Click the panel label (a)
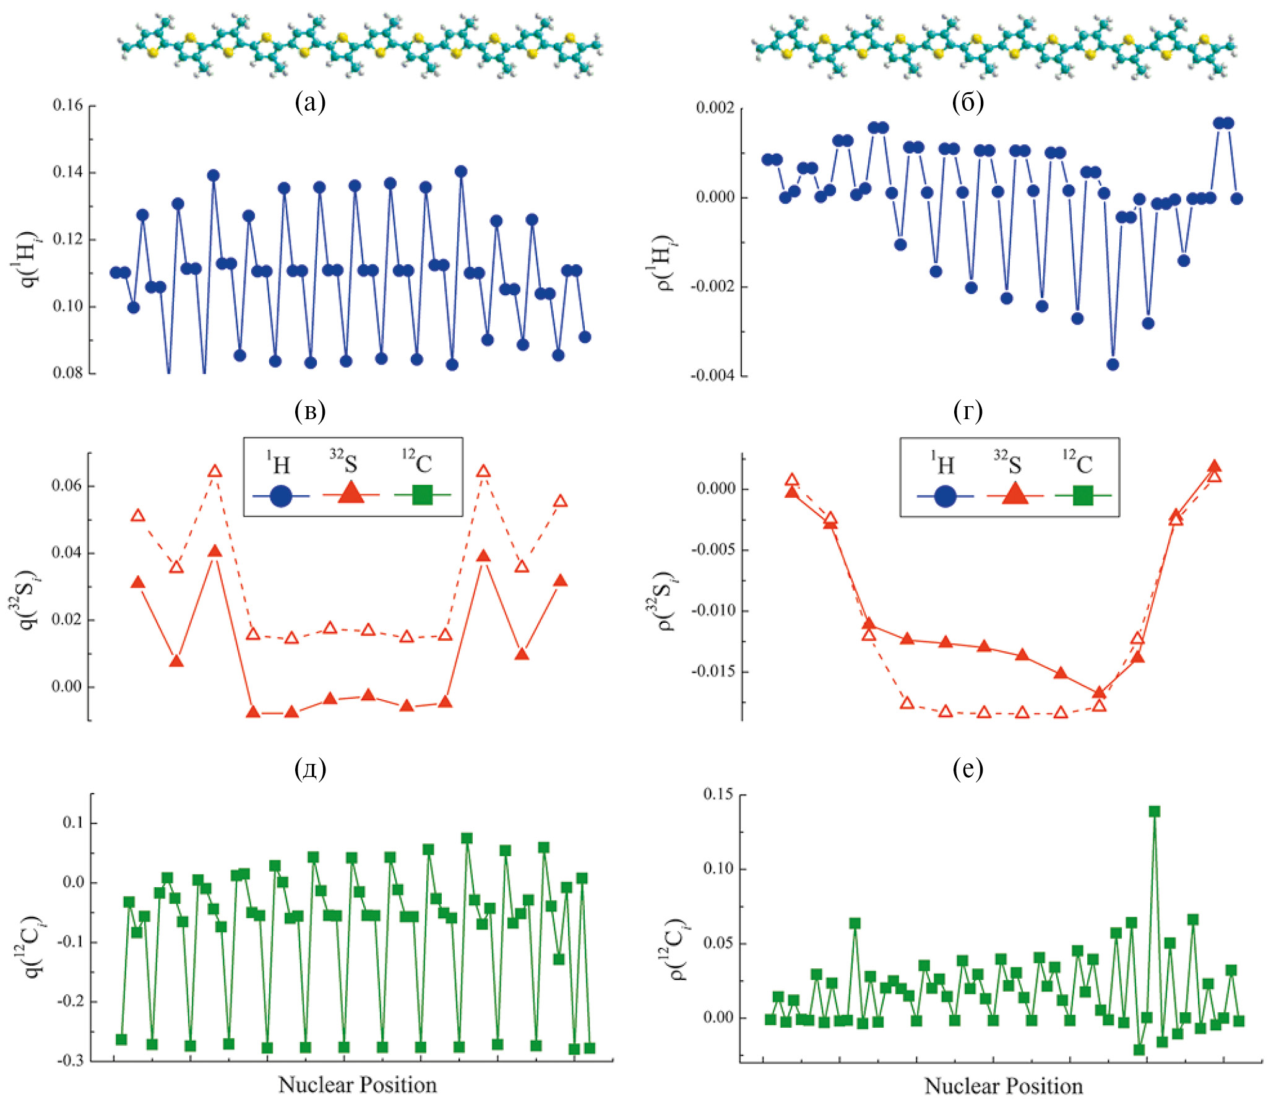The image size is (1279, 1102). pyautogui.click(x=310, y=103)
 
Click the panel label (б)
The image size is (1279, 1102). pyautogui.click(x=968, y=103)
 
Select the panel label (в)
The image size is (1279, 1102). pyautogui.click(x=310, y=411)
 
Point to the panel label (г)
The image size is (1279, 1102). pyautogui.click(x=968, y=411)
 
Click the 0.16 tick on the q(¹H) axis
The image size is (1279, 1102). pyautogui.click(x=67, y=106)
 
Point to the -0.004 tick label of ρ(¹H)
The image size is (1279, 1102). pyautogui.click(x=712, y=376)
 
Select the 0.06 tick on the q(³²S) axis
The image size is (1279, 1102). pyautogui.click(x=67, y=485)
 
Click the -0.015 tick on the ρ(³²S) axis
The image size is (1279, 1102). pyautogui.click(x=712, y=671)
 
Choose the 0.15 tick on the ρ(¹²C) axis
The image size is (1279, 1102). pyautogui.click(x=718, y=794)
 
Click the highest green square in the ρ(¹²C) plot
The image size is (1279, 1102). pyautogui.click(x=1154, y=812)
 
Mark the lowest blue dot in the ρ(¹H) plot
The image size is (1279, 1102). pyautogui.click(x=1113, y=364)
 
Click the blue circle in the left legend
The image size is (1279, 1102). pyautogui.click(x=281, y=496)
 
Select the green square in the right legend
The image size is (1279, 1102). pyautogui.click(x=1083, y=496)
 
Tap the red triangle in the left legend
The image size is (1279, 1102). pyautogui.click(x=351, y=494)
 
